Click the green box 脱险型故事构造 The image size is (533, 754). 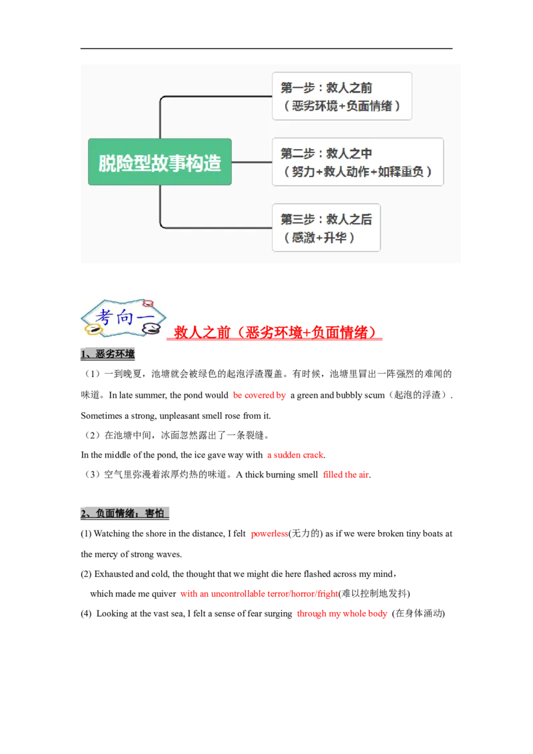[160, 162]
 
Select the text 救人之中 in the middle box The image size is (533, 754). [349, 154]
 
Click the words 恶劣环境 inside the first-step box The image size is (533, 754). [314, 105]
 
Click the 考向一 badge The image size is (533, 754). [125, 319]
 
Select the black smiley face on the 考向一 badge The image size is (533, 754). [153, 328]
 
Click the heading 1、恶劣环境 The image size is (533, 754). [109, 354]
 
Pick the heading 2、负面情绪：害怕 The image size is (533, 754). [125, 514]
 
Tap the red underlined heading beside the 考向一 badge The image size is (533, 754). [277, 332]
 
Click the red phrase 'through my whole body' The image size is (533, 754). [341, 613]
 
